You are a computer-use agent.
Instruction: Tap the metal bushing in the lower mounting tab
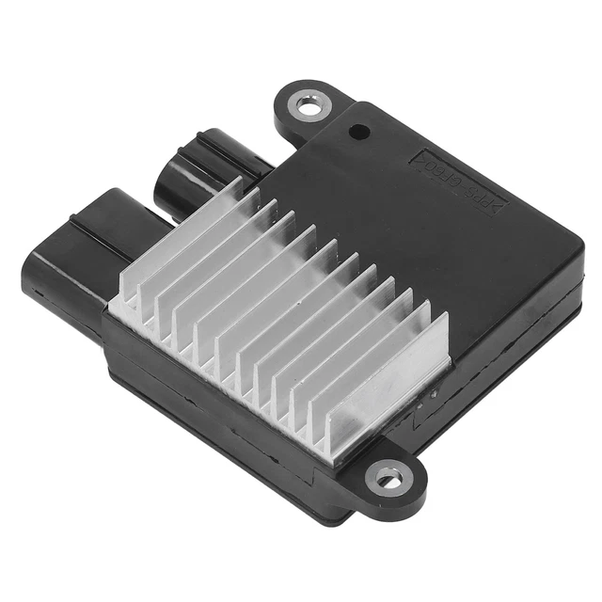(388, 479)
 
